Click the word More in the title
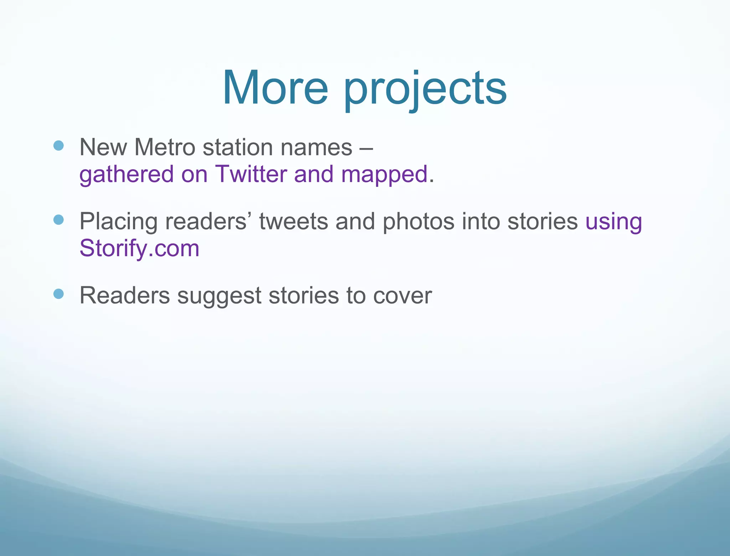[275, 88]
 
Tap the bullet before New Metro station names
[58, 145]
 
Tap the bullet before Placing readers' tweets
[58, 220]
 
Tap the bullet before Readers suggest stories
[58, 294]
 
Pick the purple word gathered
[126, 175]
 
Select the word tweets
[293, 221]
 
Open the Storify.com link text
[139, 248]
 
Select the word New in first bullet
[103, 147]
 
